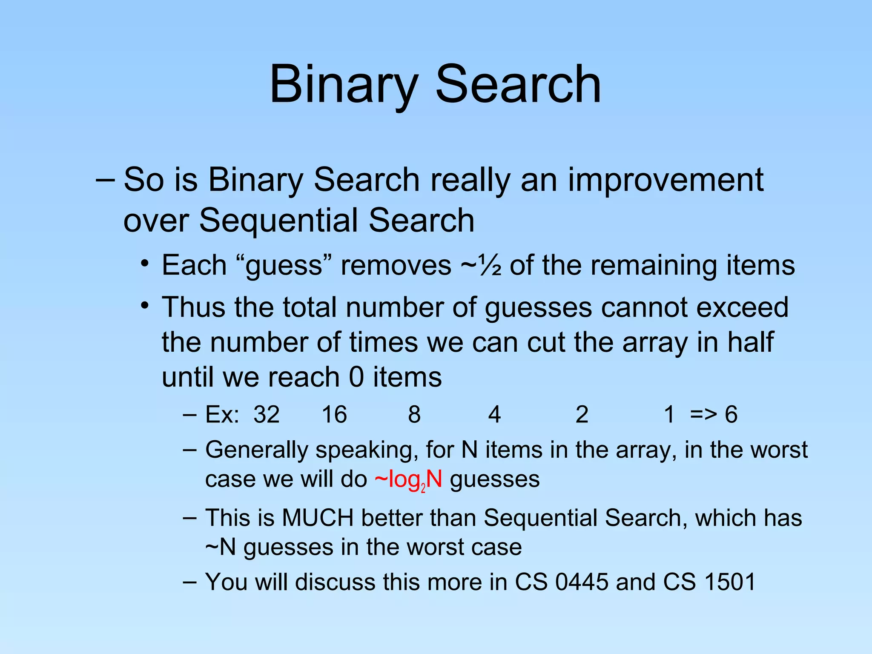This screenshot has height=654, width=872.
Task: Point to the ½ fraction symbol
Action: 489,266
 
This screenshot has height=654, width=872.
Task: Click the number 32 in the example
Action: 267,414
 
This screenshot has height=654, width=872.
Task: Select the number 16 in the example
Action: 334,414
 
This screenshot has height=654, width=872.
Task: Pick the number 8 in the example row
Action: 414,414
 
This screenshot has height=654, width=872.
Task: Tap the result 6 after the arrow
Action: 731,414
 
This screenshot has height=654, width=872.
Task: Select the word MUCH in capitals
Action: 318,518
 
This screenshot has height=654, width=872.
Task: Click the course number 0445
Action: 582,582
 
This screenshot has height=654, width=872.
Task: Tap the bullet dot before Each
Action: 145,264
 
